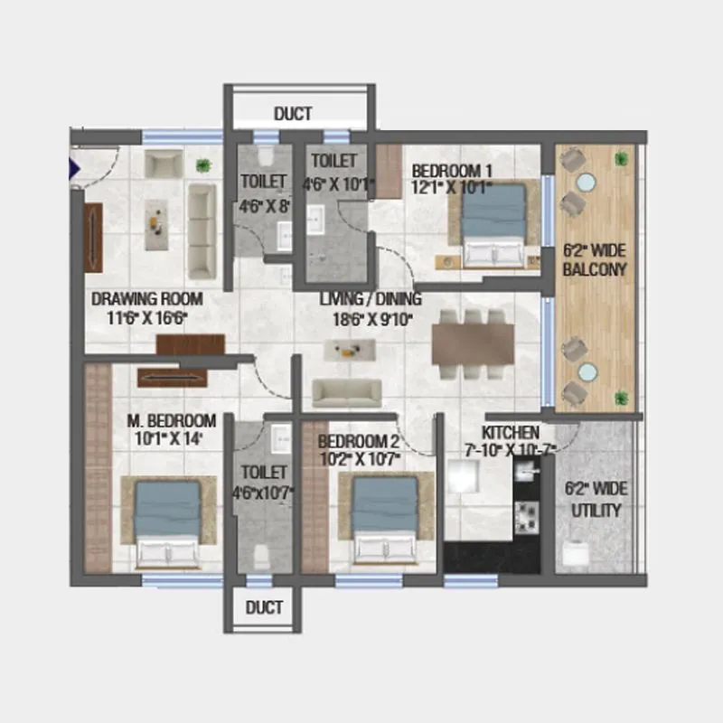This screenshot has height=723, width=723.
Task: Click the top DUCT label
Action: pyautogui.click(x=293, y=114)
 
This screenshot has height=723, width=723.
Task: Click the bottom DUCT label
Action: pyautogui.click(x=264, y=606)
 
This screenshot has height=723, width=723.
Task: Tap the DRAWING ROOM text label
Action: pyautogui.click(x=146, y=299)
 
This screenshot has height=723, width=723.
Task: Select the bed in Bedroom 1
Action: pyautogui.click(x=493, y=223)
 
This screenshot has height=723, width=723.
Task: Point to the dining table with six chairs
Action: pyautogui.click(x=473, y=344)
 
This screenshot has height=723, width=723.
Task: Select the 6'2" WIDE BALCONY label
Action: pyautogui.click(x=594, y=260)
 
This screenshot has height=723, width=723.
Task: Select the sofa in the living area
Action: pyautogui.click(x=346, y=391)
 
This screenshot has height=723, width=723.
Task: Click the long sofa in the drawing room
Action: pyautogui.click(x=202, y=230)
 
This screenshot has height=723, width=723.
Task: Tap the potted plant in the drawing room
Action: pyautogui.click(x=206, y=165)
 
